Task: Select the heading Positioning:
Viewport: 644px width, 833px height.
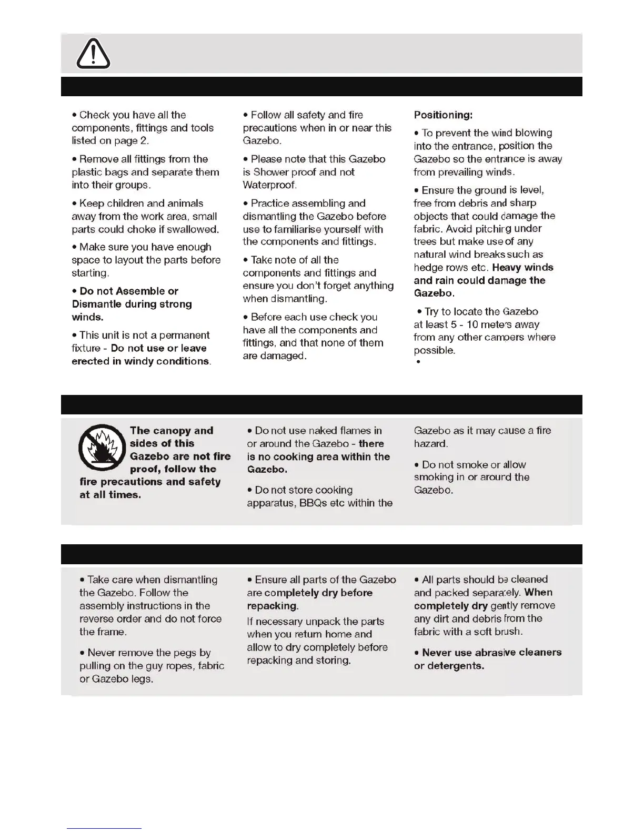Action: (443, 115)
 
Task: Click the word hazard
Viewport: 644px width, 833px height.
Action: (430, 443)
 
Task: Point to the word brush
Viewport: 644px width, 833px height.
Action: (508, 631)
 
